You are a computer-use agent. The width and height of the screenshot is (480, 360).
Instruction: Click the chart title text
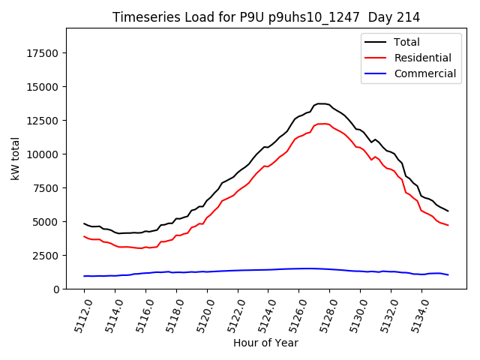265,17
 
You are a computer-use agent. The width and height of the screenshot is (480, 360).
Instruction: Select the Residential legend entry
422,58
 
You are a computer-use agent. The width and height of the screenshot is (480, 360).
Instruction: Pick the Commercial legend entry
424,73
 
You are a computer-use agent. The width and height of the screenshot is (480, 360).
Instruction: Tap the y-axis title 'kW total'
16,159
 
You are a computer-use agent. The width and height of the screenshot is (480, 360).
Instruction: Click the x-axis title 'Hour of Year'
265,343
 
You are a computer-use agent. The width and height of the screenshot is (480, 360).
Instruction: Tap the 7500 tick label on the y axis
46,188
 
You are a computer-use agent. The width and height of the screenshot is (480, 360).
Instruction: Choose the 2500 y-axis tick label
46,256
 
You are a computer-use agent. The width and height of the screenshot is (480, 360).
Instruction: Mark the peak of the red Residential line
322,124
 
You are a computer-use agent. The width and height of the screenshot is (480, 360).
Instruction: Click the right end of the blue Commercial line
448,275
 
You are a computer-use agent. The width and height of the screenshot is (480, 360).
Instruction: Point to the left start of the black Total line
84,223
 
